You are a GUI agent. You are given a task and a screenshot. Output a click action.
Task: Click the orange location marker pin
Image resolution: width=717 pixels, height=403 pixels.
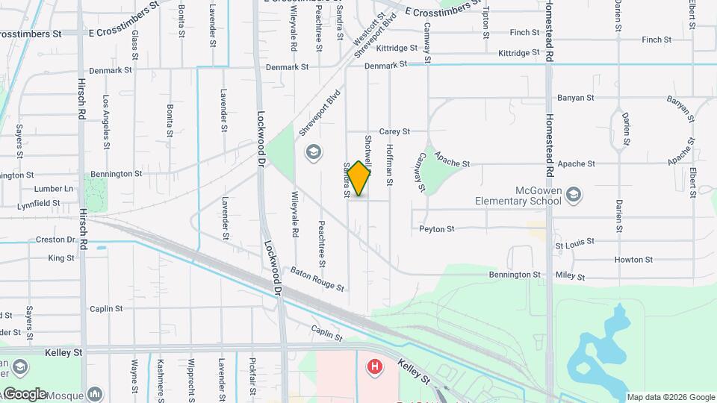click(359, 178)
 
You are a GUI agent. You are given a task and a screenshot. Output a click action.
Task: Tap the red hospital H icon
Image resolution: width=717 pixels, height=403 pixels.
click(373, 367)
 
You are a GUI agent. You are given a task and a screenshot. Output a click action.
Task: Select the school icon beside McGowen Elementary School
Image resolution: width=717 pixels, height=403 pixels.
click(574, 196)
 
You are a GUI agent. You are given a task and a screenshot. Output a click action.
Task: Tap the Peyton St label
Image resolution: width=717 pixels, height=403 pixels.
click(437, 229)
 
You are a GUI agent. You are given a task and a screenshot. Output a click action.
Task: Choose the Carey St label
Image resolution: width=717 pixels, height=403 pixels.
click(394, 131)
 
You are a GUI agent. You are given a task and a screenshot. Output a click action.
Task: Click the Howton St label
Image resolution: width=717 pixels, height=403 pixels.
click(633, 260)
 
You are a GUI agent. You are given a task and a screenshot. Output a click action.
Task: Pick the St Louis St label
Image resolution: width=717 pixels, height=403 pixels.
click(574, 243)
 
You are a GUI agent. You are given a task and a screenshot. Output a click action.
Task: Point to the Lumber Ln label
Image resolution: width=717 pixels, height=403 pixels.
click(58, 189)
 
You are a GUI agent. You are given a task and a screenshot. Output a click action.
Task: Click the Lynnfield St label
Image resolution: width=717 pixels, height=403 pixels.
click(39, 203)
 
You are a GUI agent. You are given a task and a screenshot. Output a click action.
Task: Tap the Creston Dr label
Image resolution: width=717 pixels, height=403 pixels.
click(56, 240)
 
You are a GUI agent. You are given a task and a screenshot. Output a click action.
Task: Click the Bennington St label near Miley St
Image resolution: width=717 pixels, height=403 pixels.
click(514, 275)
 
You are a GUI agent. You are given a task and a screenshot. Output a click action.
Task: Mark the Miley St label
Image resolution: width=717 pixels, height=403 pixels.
click(571, 276)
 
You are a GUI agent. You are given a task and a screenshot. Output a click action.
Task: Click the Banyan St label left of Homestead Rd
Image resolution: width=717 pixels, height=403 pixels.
click(575, 98)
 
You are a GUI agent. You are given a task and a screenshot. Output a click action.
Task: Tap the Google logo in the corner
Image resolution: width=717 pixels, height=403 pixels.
click(25, 393)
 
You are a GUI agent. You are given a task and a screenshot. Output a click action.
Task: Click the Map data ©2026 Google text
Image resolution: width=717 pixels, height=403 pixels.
click(671, 397)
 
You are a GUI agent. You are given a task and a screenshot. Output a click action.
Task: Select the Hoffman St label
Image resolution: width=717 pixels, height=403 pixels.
click(389, 165)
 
